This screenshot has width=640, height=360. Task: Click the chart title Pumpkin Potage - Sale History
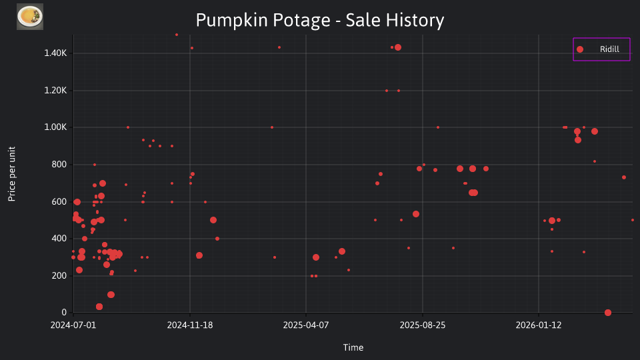[x=320, y=20]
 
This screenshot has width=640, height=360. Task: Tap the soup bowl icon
[x=30, y=17]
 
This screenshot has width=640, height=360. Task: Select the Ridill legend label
[x=609, y=49]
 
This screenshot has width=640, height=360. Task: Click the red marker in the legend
[x=580, y=49]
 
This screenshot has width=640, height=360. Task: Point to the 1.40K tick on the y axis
[x=55, y=53]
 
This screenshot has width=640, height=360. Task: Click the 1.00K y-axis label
[x=55, y=127]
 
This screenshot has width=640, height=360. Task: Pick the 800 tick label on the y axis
[x=59, y=165]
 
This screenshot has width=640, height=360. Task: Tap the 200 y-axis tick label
[x=59, y=275]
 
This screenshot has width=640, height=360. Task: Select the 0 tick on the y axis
[x=64, y=313]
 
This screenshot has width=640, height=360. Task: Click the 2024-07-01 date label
[x=73, y=325]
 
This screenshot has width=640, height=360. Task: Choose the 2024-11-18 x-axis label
[x=190, y=325]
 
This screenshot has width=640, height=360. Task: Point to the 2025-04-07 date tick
[x=306, y=325]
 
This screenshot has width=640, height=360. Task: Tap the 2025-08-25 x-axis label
[x=423, y=325]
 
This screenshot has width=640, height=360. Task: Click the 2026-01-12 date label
[x=539, y=325]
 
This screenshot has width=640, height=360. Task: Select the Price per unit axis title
[x=12, y=174]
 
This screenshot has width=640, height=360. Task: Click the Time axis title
[x=353, y=347]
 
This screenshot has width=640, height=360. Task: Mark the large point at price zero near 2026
[x=608, y=313]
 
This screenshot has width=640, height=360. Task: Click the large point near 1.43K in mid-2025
[x=398, y=47]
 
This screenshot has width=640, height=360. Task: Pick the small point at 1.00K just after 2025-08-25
[x=438, y=127]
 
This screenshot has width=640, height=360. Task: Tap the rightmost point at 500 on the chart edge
[x=632, y=220]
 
